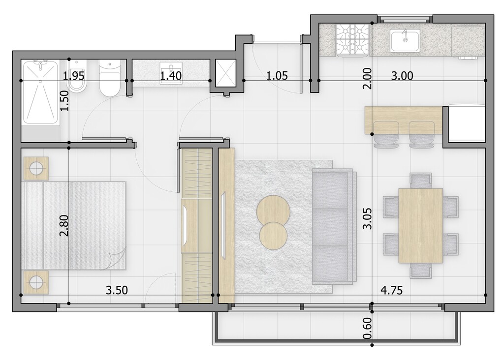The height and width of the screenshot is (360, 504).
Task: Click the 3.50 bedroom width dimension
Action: (117, 290)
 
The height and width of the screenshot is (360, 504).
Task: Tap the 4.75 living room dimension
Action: (391, 290)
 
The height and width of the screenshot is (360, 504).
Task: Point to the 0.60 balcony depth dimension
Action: (367, 328)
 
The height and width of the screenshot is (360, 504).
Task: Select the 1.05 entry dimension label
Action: (277, 76)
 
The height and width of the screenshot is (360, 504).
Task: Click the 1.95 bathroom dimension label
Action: (74, 76)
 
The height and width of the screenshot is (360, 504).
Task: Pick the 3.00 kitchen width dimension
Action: (402, 76)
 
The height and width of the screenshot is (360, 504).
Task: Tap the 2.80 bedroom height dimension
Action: (64, 225)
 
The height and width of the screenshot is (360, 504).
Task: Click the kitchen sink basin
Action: (405, 40)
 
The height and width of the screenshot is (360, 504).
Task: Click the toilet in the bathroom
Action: (110, 78)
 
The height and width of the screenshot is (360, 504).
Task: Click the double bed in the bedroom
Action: (74, 225)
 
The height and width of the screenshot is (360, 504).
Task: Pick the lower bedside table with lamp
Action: (36, 282)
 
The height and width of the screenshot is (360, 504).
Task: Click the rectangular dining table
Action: (420, 226)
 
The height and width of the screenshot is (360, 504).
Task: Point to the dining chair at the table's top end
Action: (421, 180)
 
